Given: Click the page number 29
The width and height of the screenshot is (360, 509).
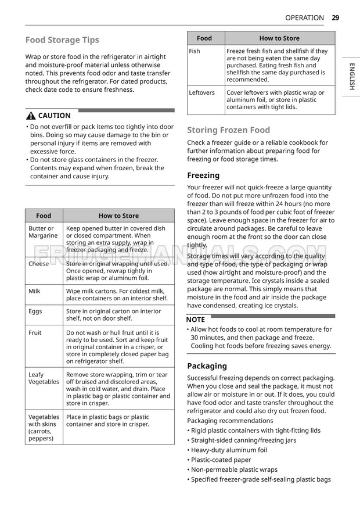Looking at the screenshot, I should click(x=336, y=18).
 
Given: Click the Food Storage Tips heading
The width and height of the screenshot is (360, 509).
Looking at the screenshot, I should click(x=62, y=40).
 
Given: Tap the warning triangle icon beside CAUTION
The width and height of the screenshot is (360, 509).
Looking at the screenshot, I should click(x=30, y=116).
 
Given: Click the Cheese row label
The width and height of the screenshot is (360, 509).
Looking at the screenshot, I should click(x=38, y=264).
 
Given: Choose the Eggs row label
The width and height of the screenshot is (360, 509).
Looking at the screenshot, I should click(x=35, y=311).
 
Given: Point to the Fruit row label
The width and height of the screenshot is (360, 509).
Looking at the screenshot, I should click(x=35, y=333).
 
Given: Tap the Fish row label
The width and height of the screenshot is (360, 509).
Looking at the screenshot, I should click(x=195, y=51).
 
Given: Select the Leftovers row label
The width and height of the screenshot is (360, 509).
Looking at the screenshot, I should click(x=201, y=92).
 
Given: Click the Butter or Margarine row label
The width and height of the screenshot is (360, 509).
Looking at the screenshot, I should click(x=42, y=232).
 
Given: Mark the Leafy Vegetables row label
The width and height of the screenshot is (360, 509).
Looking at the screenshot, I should click(x=44, y=378).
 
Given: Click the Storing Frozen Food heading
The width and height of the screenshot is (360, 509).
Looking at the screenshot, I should click(x=228, y=130).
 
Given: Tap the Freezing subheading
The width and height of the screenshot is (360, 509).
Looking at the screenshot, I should click(x=203, y=175).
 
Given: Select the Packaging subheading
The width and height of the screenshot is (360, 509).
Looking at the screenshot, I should click(x=207, y=366).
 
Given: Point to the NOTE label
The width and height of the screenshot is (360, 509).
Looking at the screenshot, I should click(x=195, y=320).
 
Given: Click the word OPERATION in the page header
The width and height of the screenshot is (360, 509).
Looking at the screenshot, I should click(x=305, y=18).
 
